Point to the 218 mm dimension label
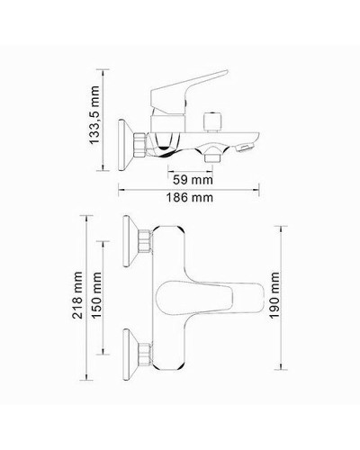tap(79, 296)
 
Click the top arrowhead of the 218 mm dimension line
tap(89, 216)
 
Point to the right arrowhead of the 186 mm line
tap(260, 189)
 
